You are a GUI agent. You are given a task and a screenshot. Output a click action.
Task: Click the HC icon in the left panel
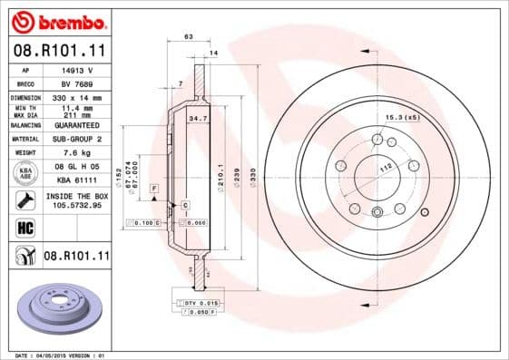[24, 227]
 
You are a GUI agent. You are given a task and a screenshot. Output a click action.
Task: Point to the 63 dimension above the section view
[189, 37]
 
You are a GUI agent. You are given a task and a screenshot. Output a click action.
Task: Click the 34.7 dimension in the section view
[194, 119]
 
